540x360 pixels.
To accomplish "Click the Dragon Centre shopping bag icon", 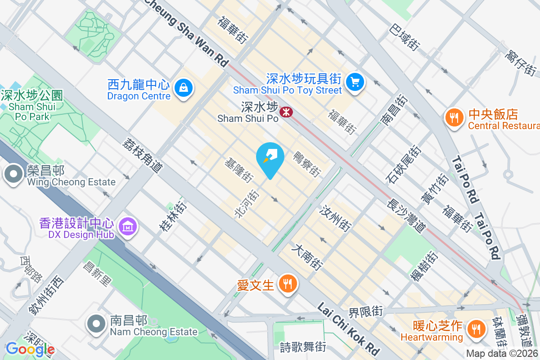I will [x=184, y=86].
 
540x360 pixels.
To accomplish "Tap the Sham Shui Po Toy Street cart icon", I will [x=355, y=82].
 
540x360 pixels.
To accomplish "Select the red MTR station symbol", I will [x=285, y=111].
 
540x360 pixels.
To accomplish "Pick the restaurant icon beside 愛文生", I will [x=287, y=284].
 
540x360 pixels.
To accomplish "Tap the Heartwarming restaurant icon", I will [x=475, y=328].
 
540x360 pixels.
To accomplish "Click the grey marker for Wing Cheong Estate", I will [x=13, y=174].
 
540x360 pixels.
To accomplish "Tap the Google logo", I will [x=30, y=349].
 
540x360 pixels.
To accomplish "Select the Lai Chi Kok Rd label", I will [x=349, y=328].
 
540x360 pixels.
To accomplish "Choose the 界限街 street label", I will [x=365, y=311].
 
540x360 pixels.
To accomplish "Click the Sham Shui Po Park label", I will [x=31, y=106].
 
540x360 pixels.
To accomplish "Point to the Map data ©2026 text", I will [x=502, y=354].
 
